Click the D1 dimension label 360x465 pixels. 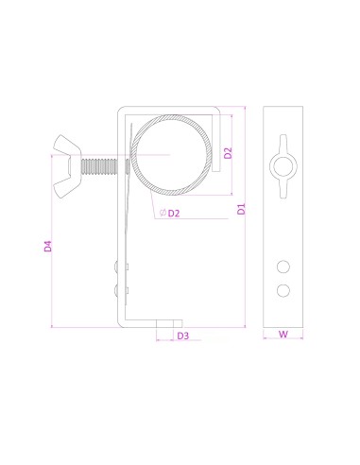[x=241, y=209]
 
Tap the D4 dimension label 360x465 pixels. [x=47, y=246]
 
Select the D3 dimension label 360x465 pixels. [x=183, y=336]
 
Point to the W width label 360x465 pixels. [x=283, y=334]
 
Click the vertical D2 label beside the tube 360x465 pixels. [x=228, y=153]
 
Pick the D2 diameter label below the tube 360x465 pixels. [x=174, y=214]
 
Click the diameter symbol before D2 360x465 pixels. [x=163, y=213]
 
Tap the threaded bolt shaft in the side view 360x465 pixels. [x=99, y=166]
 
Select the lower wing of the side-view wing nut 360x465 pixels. [x=63, y=187]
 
